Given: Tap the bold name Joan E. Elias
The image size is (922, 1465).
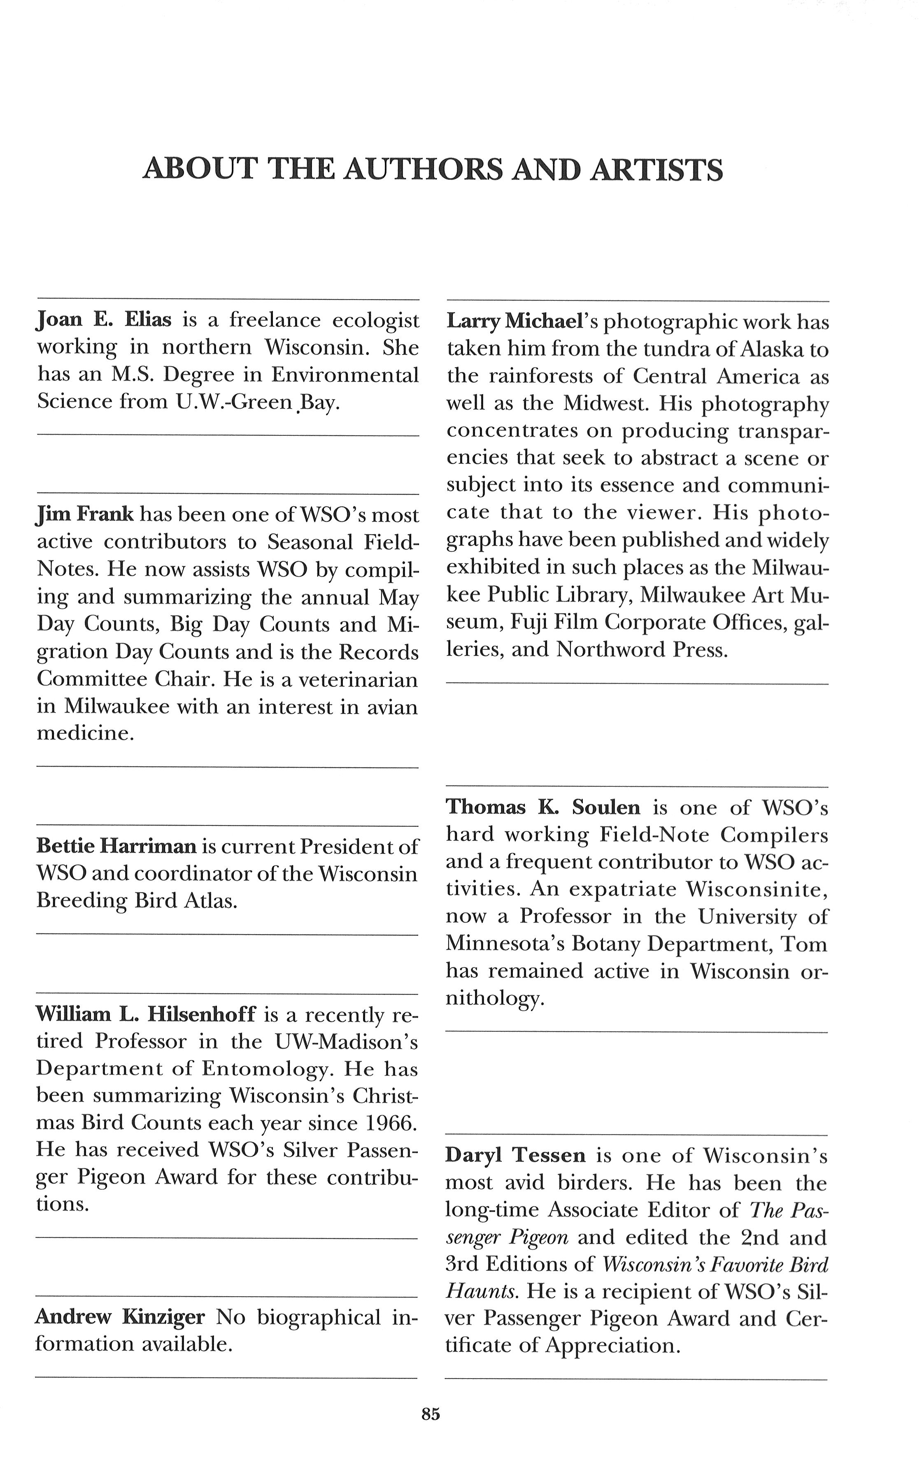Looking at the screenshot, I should (104, 319).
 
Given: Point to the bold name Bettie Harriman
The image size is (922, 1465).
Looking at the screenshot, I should (116, 846).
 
